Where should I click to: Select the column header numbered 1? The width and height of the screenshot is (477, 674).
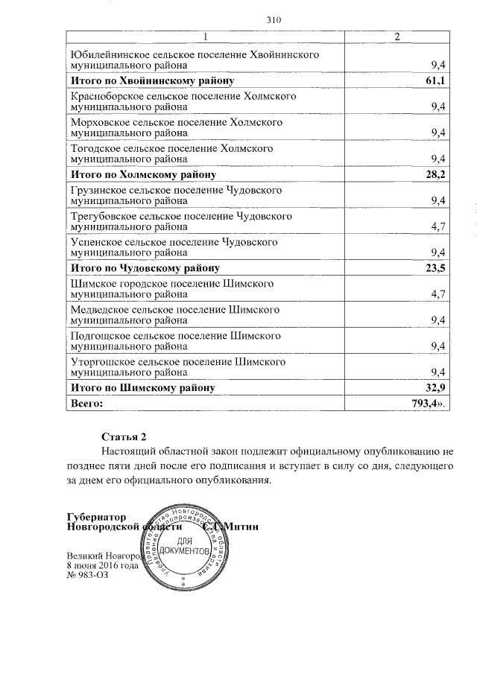tap(206, 38)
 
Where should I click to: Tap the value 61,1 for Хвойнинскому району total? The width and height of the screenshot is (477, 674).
tap(435, 80)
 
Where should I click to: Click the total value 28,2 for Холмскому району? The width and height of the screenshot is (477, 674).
tap(435, 174)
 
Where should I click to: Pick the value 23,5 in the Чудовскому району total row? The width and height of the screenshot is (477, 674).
tap(435, 268)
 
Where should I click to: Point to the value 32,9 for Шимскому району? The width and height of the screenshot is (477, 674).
tap(435, 388)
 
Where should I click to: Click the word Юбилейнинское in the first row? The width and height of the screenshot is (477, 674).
tap(106, 55)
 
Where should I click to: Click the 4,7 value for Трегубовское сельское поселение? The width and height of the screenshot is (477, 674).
tap(438, 227)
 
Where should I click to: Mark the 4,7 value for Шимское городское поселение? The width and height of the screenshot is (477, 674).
tap(438, 294)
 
